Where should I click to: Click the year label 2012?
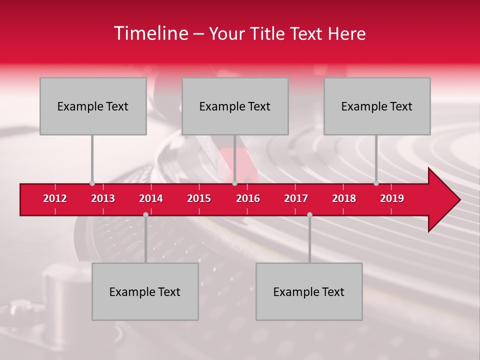55,198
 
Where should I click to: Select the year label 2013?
103,198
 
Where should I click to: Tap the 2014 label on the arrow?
151,198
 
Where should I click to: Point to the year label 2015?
199,198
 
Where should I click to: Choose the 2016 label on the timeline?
248,198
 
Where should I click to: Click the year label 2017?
296,198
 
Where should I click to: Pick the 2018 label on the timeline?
344,198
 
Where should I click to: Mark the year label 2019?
392,198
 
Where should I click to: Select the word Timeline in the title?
150,33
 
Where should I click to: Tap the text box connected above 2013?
93,106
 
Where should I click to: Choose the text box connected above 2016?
235,106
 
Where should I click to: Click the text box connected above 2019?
377,106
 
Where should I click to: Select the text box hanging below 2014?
145,291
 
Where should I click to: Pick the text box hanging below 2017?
309,291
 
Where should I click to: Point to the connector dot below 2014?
145,214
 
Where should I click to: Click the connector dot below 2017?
309,214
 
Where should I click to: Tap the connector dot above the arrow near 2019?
376,183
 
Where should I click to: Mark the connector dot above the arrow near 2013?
92,183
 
